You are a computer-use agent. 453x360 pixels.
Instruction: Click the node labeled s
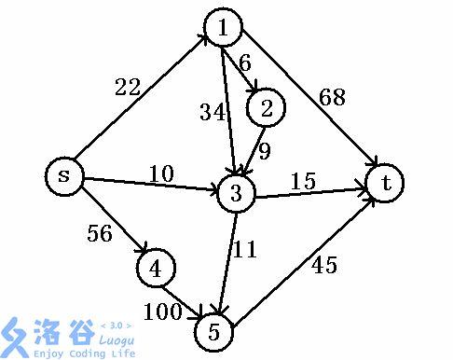click(x=63, y=174)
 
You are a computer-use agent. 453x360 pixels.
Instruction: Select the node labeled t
click(x=385, y=183)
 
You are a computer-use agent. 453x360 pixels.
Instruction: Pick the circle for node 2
click(x=266, y=108)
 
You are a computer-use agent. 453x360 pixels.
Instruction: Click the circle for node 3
click(x=236, y=195)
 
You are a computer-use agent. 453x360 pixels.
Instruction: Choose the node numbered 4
click(x=155, y=269)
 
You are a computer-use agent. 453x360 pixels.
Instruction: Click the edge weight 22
click(x=127, y=88)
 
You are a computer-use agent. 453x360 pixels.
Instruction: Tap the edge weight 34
click(x=212, y=114)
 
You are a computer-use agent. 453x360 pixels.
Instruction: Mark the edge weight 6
click(x=245, y=63)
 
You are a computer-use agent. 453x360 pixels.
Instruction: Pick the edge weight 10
click(x=161, y=173)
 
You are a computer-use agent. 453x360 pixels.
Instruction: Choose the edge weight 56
click(x=99, y=233)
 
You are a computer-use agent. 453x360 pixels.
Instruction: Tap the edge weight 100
click(x=164, y=312)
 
